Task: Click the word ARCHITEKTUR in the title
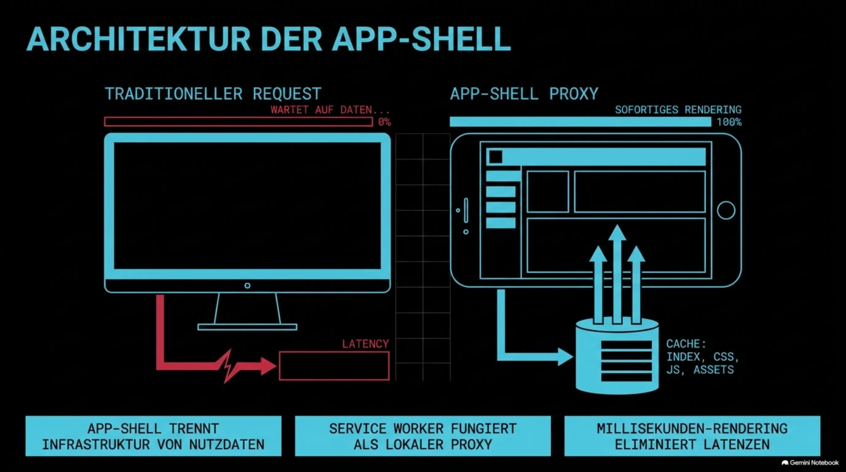click(138, 39)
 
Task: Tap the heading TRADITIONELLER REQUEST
click(213, 94)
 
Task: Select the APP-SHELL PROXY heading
click(524, 94)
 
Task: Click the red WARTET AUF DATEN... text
click(330, 110)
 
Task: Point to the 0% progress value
click(384, 122)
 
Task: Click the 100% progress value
click(729, 122)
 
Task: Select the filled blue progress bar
click(580, 122)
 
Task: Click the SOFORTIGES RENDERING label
click(678, 110)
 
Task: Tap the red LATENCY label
click(366, 344)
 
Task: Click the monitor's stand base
click(247, 327)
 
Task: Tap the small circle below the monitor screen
click(247, 285)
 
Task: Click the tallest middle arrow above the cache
click(617, 274)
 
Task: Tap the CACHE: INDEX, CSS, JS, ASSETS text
click(702, 357)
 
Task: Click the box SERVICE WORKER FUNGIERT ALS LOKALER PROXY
click(423, 436)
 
